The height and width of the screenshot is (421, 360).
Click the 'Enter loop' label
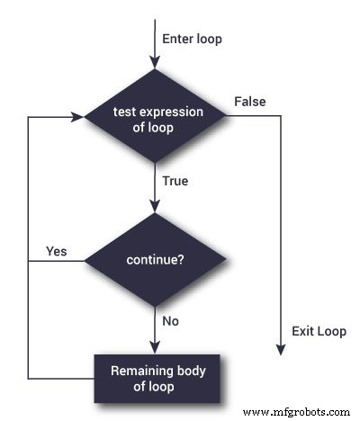193,39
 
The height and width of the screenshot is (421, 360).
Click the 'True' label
175,181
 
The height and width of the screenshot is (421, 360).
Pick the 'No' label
170,320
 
